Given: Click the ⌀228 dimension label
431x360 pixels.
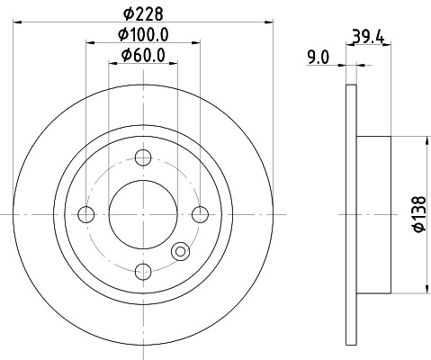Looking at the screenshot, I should point(141,13).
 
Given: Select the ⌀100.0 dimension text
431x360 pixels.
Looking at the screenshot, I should point(145,35).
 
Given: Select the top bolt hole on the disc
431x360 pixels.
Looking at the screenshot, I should point(142,157).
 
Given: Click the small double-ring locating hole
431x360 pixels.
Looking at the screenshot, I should point(180,253).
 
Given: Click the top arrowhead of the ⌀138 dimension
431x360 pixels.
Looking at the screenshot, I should point(423,139).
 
